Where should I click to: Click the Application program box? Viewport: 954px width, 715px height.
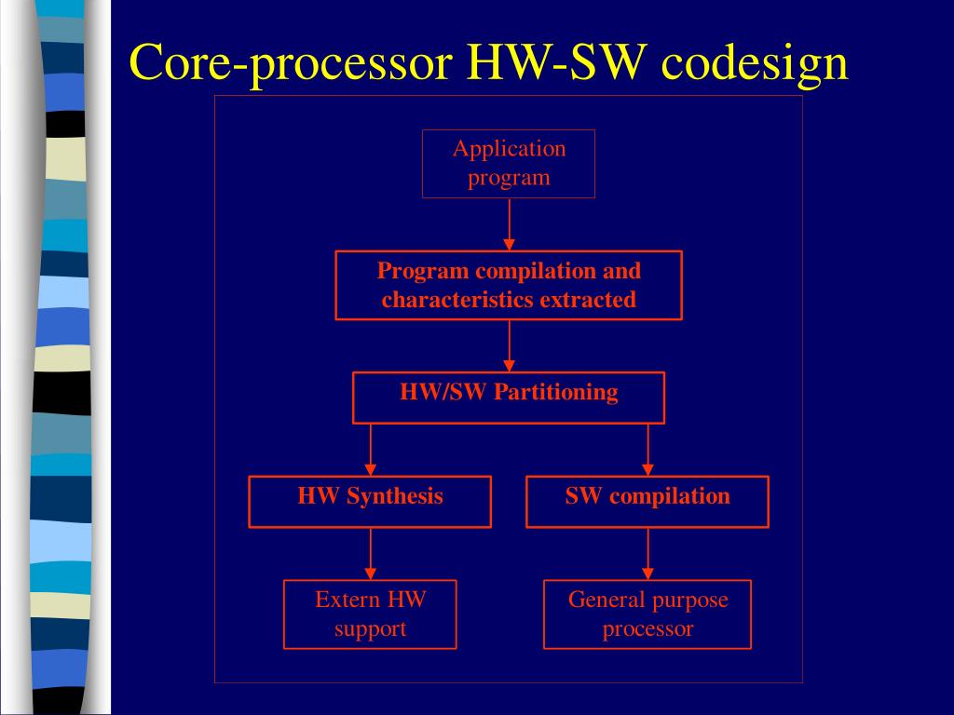509,164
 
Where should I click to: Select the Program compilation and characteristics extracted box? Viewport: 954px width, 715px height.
509,285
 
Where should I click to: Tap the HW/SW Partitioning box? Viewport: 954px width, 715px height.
509,398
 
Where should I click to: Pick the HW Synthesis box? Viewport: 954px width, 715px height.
370,501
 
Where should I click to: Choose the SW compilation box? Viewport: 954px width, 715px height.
647,501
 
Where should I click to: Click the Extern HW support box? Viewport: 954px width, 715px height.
370,614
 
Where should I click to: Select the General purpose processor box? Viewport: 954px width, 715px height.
647,614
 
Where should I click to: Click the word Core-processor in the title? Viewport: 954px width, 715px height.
292,63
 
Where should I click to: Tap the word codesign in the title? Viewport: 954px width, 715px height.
756,63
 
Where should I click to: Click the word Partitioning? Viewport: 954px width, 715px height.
555,392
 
